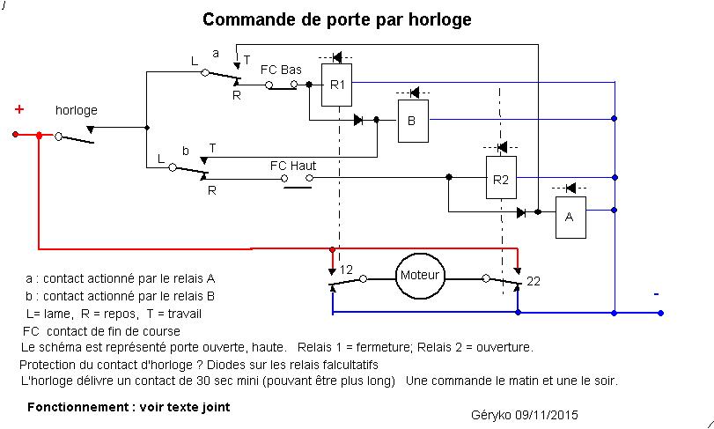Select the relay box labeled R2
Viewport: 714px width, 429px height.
click(x=501, y=180)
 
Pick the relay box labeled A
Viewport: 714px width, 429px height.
click(x=570, y=217)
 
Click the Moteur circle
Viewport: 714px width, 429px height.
click(x=419, y=276)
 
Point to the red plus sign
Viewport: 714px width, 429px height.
click(x=18, y=109)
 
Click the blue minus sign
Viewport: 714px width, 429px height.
click(x=656, y=293)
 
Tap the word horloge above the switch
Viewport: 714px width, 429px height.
click(x=77, y=111)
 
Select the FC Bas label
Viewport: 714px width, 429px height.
click(x=281, y=69)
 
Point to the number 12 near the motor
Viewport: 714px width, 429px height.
click(x=346, y=269)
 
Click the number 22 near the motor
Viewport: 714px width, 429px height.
click(x=534, y=281)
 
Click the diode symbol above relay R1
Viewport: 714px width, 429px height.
click(x=336, y=57)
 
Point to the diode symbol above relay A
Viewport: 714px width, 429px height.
click(x=569, y=189)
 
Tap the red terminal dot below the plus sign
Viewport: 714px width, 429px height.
click(x=15, y=135)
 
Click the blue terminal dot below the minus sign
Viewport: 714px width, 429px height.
click(x=660, y=312)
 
